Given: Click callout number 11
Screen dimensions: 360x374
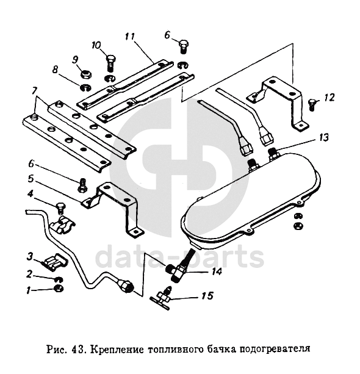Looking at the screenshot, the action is click(x=130, y=37).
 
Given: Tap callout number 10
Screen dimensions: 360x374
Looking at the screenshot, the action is click(x=96, y=45).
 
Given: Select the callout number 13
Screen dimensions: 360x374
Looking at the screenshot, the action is click(x=323, y=138).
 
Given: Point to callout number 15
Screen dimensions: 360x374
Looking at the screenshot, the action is click(x=207, y=296).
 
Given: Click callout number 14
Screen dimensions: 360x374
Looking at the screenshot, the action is click(x=217, y=272).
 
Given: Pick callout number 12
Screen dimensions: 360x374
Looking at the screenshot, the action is click(x=329, y=98).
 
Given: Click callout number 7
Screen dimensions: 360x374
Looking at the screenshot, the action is click(x=34, y=91).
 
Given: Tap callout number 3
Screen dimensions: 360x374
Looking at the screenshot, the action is click(x=29, y=257).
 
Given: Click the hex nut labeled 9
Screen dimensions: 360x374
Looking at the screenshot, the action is click(x=86, y=75).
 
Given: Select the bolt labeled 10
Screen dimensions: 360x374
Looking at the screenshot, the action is click(x=110, y=63).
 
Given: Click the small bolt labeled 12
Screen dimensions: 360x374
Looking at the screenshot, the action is click(x=312, y=104).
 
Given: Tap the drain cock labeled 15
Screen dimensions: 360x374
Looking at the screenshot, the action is click(x=162, y=298).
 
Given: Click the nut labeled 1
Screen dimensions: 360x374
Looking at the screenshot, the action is click(x=59, y=289).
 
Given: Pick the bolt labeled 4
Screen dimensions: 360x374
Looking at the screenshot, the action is click(x=59, y=209).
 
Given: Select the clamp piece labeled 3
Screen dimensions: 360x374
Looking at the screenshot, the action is click(x=54, y=262).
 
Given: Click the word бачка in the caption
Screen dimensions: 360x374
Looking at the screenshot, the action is click(x=223, y=349).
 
